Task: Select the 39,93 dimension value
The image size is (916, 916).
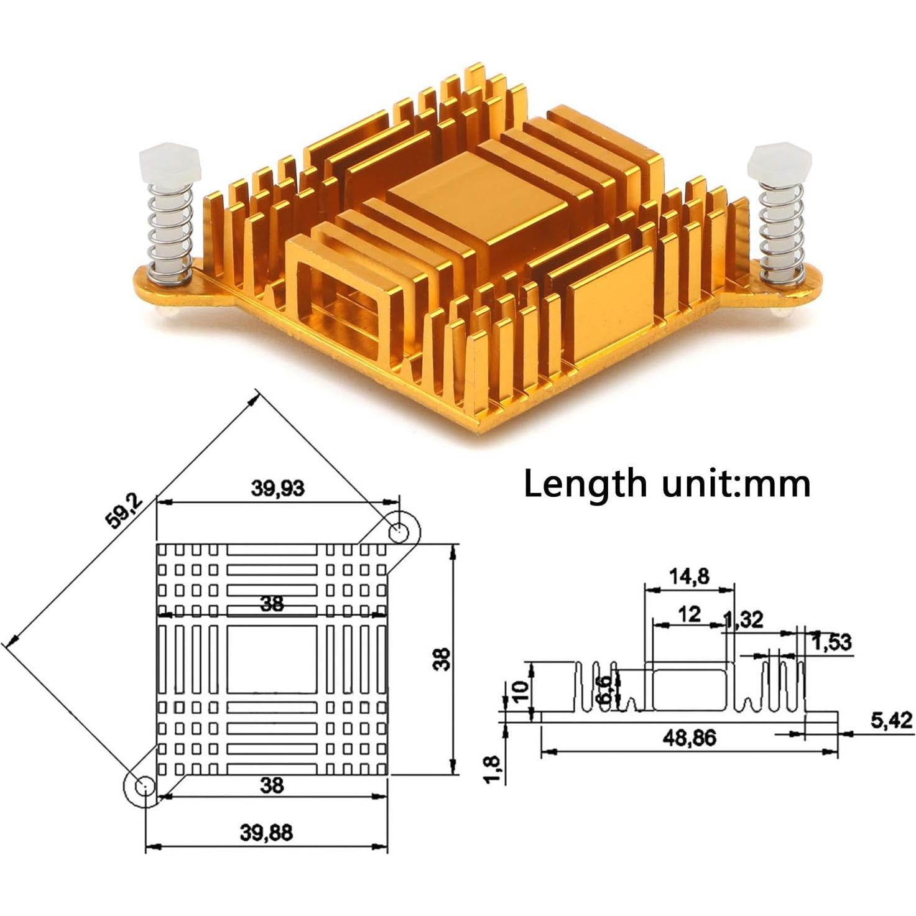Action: click(x=277, y=488)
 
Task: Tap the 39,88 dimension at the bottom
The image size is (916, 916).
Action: click(x=266, y=832)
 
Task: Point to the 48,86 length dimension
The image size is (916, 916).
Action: click(x=690, y=738)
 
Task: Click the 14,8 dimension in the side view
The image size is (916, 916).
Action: click(x=689, y=576)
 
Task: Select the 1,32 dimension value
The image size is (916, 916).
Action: click(x=743, y=619)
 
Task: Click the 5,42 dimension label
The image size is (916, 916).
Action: click(x=891, y=721)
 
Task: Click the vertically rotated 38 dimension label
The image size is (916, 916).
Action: click(x=442, y=659)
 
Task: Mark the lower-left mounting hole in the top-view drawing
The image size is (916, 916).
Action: click(x=143, y=786)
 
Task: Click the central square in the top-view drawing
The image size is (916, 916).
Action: click(x=272, y=659)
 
